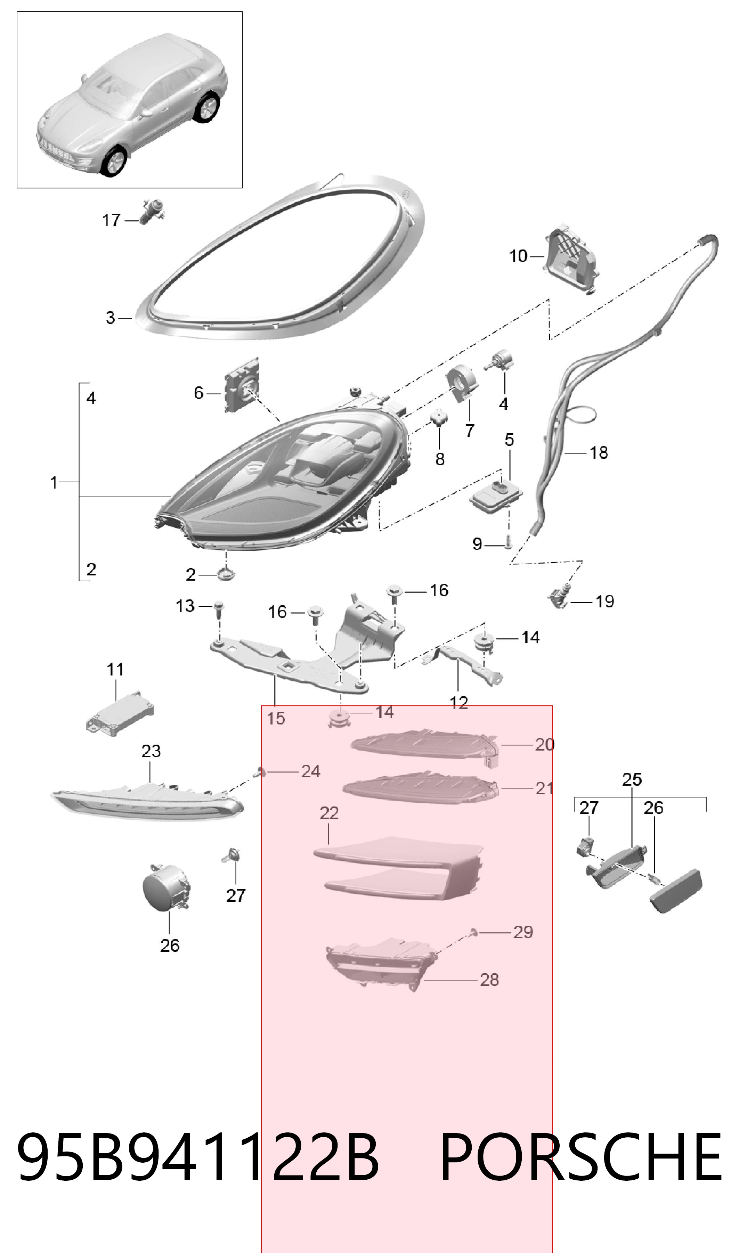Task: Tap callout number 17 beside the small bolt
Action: [x=111, y=220]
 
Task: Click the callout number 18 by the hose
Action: [x=599, y=452]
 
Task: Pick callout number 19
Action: [x=604, y=601]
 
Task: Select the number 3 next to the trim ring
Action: [x=111, y=318]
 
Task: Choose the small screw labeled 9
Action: [x=507, y=543]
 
